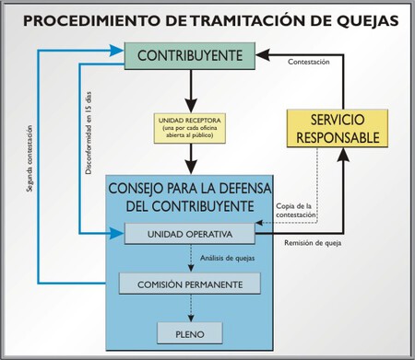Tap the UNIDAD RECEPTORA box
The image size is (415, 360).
[190, 130]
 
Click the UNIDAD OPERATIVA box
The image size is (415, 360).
[190, 234]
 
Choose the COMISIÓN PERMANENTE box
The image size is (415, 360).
[190, 284]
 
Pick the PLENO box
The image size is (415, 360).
[190, 331]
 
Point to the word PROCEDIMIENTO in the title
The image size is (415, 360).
[88, 18]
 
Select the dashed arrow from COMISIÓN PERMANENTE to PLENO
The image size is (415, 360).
[190, 308]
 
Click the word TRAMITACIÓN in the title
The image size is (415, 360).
[215, 18]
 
